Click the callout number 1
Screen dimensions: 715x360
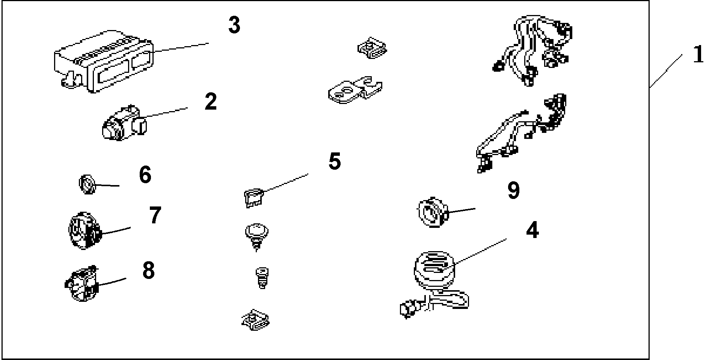pos(698,55)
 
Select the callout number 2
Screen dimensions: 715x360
pos(211,102)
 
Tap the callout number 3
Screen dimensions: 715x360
pos(234,26)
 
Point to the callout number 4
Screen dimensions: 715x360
pos(532,230)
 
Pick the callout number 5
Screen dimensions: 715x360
pos(334,161)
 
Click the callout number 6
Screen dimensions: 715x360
pos(145,175)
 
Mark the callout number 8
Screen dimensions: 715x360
pos(149,270)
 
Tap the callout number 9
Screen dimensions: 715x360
pos(513,190)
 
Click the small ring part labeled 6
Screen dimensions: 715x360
pos(87,184)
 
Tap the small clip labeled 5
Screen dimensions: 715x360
pos(253,198)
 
